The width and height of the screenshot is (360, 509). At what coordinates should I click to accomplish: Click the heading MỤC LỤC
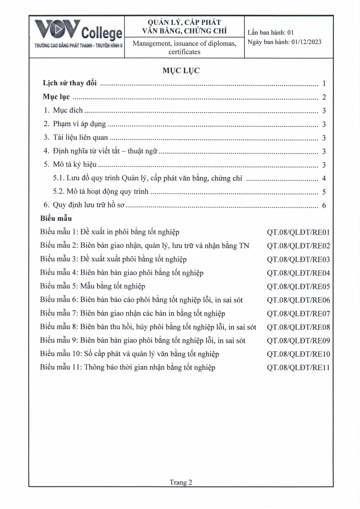coord(181,71)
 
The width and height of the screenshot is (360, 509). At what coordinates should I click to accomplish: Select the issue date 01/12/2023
coord(306,42)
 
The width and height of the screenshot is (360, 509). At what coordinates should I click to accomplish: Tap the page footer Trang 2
coord(181,482)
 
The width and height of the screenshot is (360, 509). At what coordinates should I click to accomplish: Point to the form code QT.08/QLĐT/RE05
coord(298,287)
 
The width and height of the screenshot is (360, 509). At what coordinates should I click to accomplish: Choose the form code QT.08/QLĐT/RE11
coord(298,368)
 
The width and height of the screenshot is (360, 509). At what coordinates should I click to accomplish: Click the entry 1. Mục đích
coord(63,110)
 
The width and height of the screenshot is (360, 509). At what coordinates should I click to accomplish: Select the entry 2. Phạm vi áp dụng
coord(75,124)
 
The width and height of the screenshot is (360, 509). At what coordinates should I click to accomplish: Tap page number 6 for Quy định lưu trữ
coord(324,205)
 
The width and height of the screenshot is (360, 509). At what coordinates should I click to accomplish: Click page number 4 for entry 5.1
coord(324,178)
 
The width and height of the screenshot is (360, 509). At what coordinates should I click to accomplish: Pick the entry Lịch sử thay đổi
coord(70,83)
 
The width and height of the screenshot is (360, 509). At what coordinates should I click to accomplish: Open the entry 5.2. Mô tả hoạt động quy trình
coord(101,192)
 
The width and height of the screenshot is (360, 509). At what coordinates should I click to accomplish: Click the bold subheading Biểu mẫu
coord(56,218)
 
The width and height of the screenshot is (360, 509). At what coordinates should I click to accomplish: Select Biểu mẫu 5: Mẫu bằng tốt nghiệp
coord(92,286)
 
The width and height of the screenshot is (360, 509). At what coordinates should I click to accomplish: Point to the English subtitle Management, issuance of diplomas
coord(184,44)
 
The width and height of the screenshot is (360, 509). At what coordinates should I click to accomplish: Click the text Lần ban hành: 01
coord(270,33)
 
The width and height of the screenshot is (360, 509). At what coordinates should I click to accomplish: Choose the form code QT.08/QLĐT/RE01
coord(298,233)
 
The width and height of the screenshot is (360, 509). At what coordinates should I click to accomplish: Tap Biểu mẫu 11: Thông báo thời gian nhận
coord(128,367)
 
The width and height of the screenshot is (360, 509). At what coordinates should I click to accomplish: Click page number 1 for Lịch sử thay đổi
coord(324,84)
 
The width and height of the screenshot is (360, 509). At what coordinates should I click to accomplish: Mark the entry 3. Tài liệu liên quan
coord(76,138)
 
